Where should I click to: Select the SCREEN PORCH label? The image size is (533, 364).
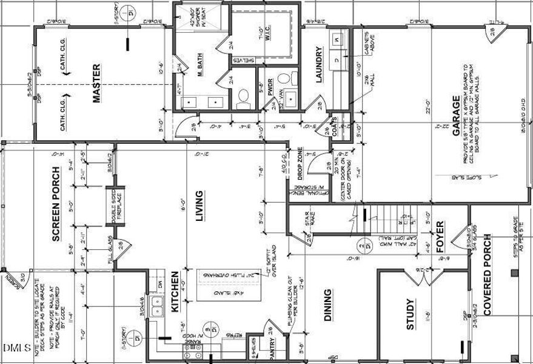coord(56,204)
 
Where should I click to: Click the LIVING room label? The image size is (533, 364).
coord(199,206)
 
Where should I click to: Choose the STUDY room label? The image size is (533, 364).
coord(411,314)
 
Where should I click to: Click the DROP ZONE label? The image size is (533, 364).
coord(300,164)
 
